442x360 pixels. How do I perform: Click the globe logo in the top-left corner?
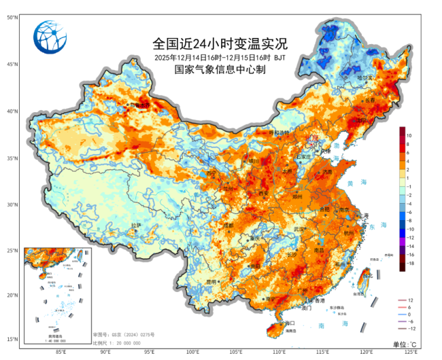(51, 38)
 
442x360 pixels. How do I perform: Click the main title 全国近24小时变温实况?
(220, 43)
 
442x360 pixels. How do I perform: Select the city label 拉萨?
(136, 225)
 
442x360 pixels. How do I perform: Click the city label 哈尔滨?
(365, 78)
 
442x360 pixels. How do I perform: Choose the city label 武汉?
(299, 230)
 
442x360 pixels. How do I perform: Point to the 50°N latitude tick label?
(12, 17)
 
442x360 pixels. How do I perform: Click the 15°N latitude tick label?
(12, 339)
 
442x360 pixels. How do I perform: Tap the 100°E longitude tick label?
(192, 352)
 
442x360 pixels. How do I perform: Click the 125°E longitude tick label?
(411, 352)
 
